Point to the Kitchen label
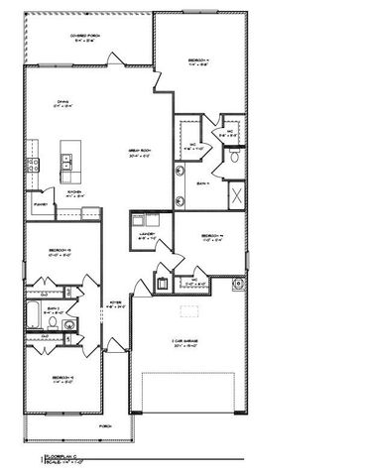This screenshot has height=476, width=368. pyautogui.click(x=73, y=194)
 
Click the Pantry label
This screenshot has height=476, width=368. pyautogui.click(x=41, y=205)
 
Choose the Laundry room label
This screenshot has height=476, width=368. pyautogui.click(x=144, y=236)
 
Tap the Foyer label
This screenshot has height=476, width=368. pyautogui.click(x=115, y=304)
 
